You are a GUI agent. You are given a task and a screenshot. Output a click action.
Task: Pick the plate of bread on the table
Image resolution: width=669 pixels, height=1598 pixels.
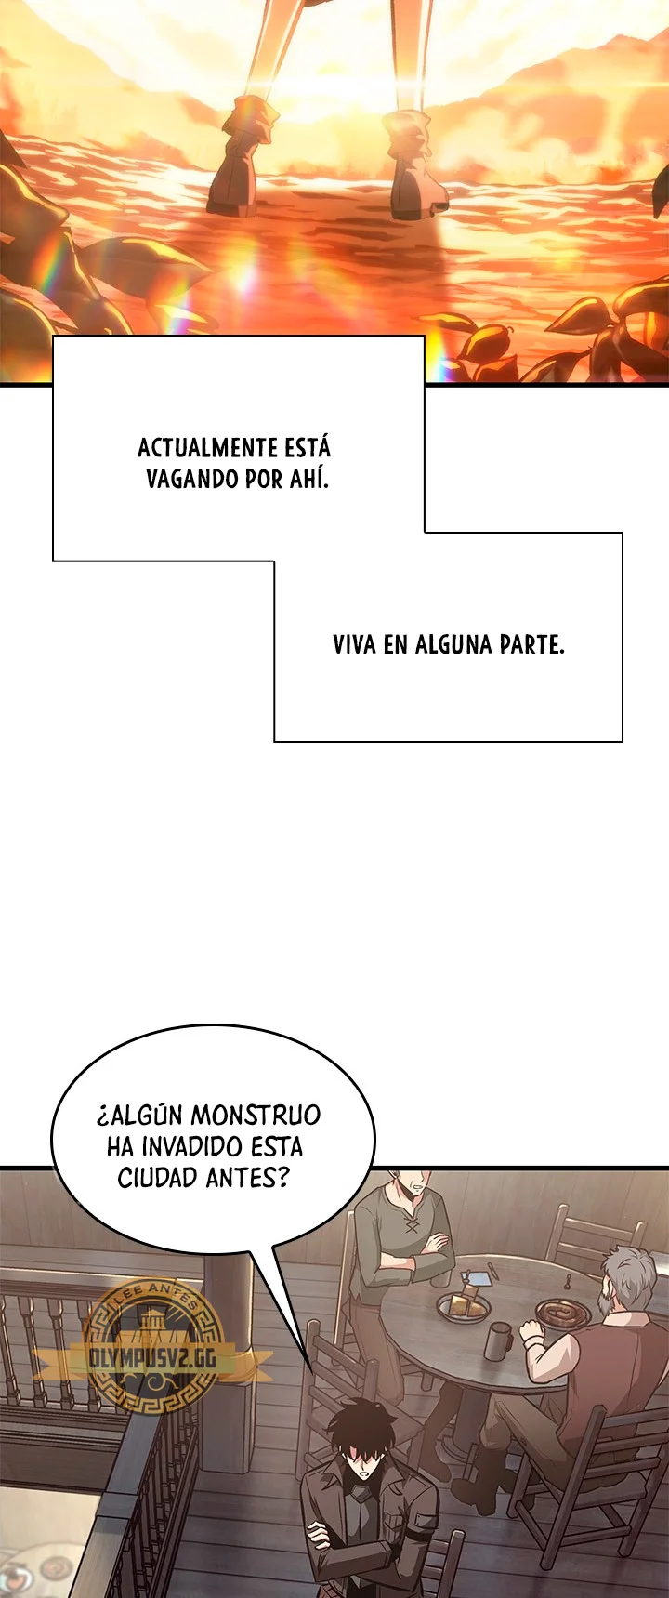(x=465, y=1306)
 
